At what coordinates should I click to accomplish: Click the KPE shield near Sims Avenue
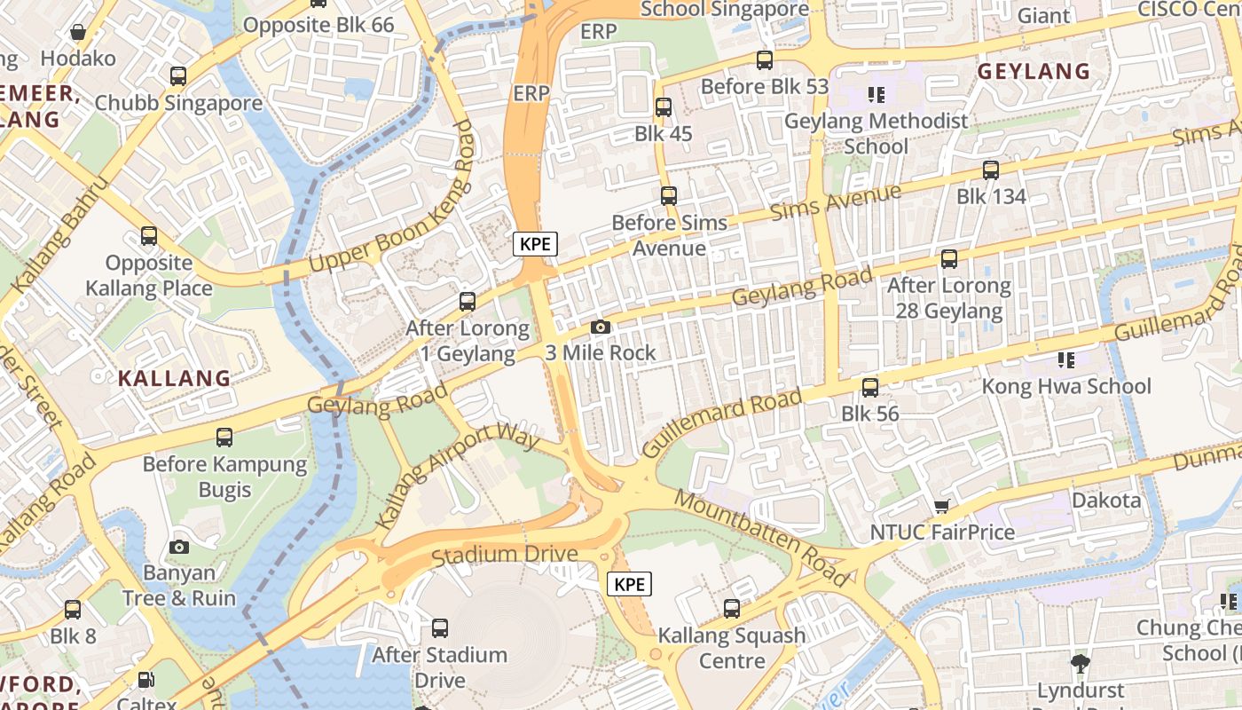click(535, 244)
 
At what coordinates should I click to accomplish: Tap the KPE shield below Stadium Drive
click(629, 584)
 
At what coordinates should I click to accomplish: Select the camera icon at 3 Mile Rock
click(601, 327)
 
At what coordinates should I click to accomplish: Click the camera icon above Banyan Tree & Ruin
click(179, 547)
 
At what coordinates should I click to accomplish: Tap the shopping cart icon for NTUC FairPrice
click(941, 506)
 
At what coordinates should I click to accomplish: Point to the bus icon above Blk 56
click(870, 387)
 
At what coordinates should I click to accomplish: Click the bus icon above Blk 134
click(991, 170)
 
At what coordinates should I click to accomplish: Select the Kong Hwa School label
click(1065, 386)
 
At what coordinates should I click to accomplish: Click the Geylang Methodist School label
click(876, 133)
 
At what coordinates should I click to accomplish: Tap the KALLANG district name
click(174, 378)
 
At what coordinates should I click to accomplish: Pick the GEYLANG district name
click(1034, 71)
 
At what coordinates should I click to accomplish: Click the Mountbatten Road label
click(761, 537)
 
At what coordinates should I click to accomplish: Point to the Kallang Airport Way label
click(458, 476)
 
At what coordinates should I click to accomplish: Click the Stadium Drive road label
click(504, 555)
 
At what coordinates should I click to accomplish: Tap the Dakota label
click(1106, 500)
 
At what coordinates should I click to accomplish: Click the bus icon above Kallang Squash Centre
click(732, 608)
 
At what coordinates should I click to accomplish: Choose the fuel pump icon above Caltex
click(146, 681)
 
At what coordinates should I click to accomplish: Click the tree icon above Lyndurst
click(1080, 662)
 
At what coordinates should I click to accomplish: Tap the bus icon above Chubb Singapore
click(178, 75)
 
